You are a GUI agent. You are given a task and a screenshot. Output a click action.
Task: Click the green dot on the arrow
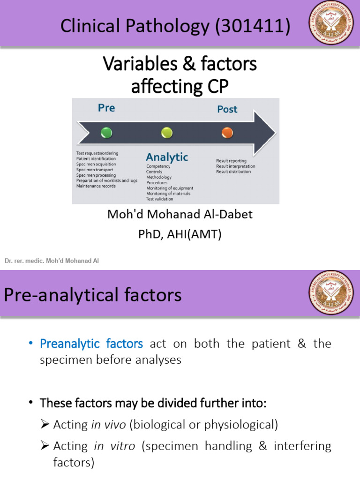(106, 133)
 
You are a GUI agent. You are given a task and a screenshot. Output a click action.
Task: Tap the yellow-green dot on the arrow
(167, 133)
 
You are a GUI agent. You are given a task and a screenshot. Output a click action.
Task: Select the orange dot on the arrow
(227, 133)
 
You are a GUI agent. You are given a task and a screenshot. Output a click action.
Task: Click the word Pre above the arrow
(106, 108)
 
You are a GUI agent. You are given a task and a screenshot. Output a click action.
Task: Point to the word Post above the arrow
(227, 109)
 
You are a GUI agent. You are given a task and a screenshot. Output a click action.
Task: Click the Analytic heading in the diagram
(167, 157)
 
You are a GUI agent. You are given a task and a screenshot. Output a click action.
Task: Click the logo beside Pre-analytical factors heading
(330, 293)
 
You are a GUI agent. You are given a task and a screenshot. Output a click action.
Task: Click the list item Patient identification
(96, 159)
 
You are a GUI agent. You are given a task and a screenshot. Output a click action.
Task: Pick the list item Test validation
(160, 199)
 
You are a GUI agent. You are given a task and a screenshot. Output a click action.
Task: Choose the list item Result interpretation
(235, 166)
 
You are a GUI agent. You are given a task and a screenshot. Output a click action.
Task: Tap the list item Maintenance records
(96, 186)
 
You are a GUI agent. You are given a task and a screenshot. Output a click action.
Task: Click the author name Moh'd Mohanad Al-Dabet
(180, 214)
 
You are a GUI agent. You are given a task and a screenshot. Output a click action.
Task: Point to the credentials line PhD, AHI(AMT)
(180, 234)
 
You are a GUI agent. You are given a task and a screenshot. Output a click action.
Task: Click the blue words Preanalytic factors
(91, 344)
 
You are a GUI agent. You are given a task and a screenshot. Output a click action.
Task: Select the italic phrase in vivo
(108, 425)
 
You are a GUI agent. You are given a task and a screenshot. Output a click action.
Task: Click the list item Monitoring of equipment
(170, 188)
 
